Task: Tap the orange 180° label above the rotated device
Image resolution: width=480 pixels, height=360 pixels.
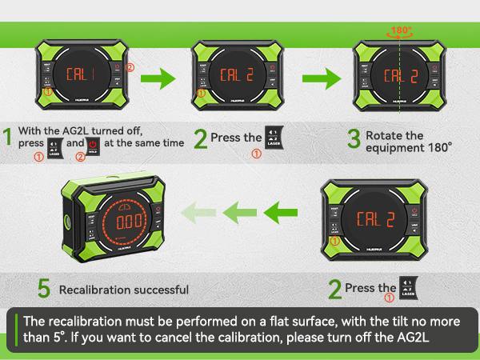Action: [x=400, y=32]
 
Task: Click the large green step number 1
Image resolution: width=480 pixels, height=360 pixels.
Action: [x=7, y=138]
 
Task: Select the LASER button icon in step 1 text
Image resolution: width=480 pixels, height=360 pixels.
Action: [x=57, y=143]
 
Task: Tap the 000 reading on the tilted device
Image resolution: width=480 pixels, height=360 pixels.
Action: [x=128, y=223]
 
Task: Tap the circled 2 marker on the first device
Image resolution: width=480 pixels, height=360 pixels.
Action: [x=129, y=66]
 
